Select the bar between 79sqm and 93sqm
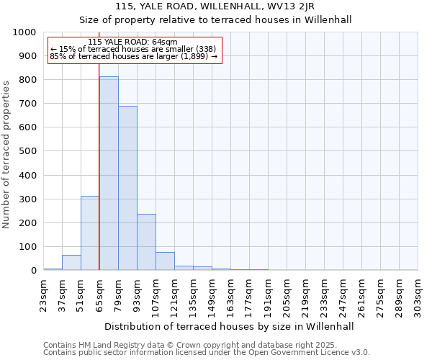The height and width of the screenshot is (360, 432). point(127,188)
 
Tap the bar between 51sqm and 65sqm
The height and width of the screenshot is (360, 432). point(90,233)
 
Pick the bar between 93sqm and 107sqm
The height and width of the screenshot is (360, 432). point(146,242)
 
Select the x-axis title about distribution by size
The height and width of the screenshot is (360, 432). point(230,326)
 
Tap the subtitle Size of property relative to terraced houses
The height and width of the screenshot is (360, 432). point(215,19)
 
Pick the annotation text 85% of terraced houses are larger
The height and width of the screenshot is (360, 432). point(133,56)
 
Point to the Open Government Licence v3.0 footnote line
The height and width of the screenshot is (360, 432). point(207,353)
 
